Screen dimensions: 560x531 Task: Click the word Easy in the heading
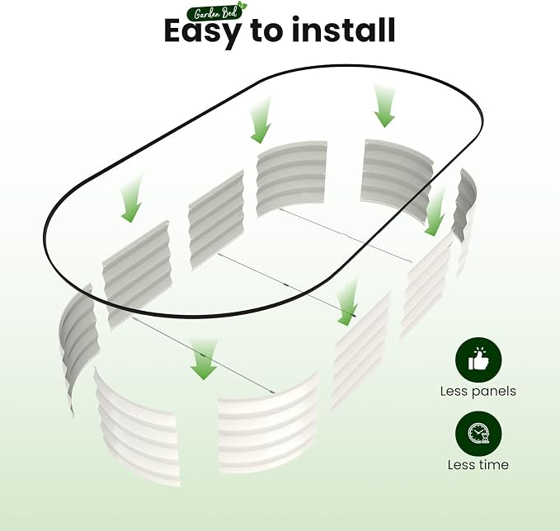pos(202,32)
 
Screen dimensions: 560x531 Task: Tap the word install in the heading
pos(344,30)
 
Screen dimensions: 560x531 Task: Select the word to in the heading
pos(266,31)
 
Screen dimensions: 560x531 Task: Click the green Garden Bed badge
pos(217,12)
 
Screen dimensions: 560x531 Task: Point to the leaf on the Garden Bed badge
pos(242,5)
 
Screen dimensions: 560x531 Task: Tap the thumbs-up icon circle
pos(478,360)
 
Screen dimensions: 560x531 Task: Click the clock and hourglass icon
pos(478,435)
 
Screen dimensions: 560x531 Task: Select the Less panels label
pos(478,392)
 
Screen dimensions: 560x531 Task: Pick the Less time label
pos(478,464)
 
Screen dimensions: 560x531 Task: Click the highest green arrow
pos(384,106)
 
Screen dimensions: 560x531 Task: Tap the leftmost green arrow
pos(131,200)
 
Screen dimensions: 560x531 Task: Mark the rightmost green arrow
pos(435,213)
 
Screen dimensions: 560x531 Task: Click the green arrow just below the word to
pos(261,120)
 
